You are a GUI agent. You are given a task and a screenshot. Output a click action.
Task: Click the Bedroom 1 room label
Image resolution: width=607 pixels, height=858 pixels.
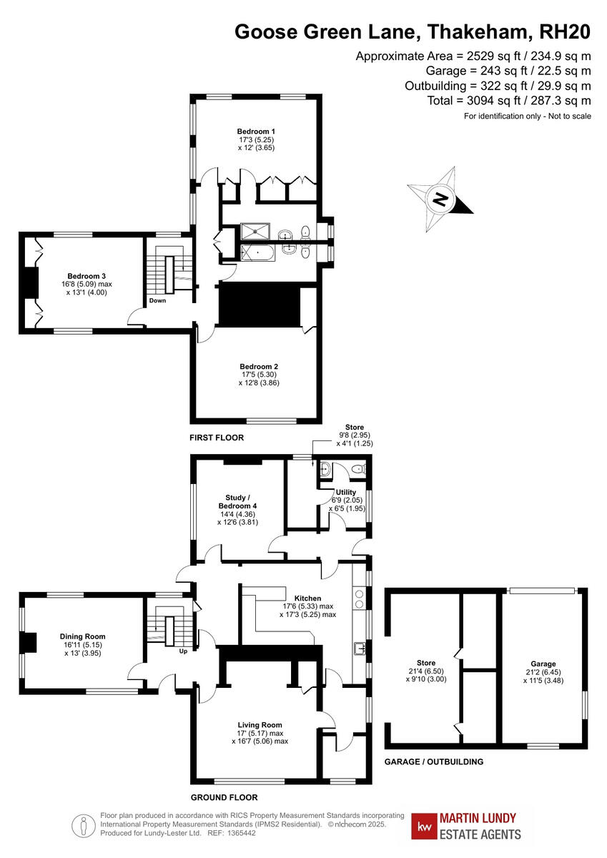pos(256,132)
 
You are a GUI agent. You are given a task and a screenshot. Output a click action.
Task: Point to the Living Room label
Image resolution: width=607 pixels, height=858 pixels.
pos(260,724)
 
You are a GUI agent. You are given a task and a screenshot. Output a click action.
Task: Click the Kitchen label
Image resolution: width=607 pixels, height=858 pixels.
pos(307,598)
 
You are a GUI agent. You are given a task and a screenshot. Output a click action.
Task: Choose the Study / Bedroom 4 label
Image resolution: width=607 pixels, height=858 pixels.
pos(237,502)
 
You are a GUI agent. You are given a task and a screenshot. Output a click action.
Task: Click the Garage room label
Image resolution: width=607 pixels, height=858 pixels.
pos(543,664)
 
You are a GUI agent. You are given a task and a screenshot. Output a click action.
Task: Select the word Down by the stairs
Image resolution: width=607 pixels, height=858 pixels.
pos(158,301)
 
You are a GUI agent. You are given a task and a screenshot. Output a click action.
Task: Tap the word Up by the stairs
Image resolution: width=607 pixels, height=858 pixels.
pos(183,651)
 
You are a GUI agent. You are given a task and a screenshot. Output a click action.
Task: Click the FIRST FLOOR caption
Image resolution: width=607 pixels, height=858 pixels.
pos(217,438)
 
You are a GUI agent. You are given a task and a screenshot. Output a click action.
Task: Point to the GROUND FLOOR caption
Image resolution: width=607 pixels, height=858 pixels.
pos(224,797)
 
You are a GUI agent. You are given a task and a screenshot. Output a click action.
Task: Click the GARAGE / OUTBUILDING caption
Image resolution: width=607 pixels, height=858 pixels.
pos(433,761)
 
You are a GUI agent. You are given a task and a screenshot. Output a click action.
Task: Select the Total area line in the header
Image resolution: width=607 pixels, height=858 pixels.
pos(509,101)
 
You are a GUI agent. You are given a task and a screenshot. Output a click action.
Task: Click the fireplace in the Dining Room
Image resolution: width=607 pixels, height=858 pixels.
pos(28,643)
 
